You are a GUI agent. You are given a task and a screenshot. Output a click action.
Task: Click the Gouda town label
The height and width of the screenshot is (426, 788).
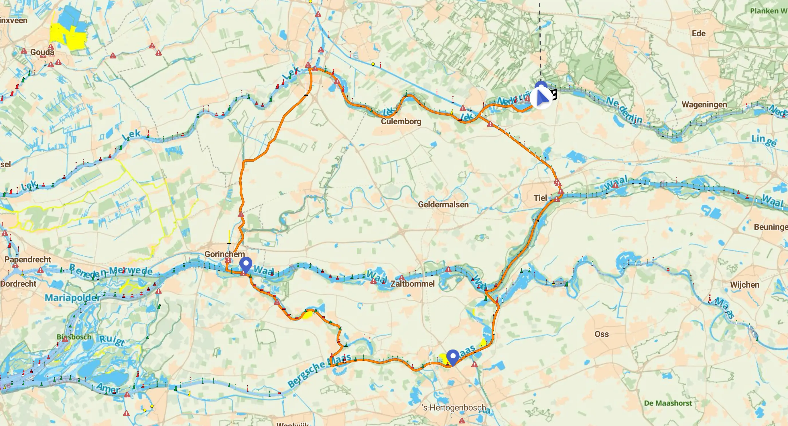coord(42,52)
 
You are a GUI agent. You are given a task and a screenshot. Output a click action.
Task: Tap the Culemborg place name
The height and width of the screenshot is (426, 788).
coord(401,121)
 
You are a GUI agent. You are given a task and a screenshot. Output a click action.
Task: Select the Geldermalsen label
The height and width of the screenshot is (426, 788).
coord(443,205)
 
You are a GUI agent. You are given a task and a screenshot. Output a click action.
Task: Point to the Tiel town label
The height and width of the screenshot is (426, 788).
coord(540,198)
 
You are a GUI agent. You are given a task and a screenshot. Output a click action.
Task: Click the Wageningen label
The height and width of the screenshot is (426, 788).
coord(704,105)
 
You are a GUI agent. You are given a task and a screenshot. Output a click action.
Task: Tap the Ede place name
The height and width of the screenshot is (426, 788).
coord(699,33)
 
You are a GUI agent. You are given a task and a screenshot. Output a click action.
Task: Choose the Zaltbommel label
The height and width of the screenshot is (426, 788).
coord(412,284)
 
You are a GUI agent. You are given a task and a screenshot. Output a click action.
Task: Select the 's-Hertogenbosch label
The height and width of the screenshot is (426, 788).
coord(454,408)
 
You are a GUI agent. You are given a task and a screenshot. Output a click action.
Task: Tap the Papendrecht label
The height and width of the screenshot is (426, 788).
coord(27,260)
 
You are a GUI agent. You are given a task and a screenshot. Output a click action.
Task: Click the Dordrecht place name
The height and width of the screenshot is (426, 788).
coord(18,284)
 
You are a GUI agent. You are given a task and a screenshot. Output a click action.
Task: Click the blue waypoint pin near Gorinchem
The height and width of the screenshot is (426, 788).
coord(246,264)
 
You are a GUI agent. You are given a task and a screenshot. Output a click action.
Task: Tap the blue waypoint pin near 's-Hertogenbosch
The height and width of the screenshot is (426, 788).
coord(452,357)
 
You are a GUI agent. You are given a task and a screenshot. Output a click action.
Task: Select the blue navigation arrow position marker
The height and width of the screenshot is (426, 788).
coord(541,98)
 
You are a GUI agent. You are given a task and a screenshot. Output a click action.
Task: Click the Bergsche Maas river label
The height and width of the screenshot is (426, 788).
coord(318,372)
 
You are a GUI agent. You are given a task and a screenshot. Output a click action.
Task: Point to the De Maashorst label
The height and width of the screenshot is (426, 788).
coord(668,403)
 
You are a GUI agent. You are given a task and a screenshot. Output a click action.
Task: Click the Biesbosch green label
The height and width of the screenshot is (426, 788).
coord(74,337)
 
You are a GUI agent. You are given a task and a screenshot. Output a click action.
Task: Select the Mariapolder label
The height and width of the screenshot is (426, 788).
coord(72,298)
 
